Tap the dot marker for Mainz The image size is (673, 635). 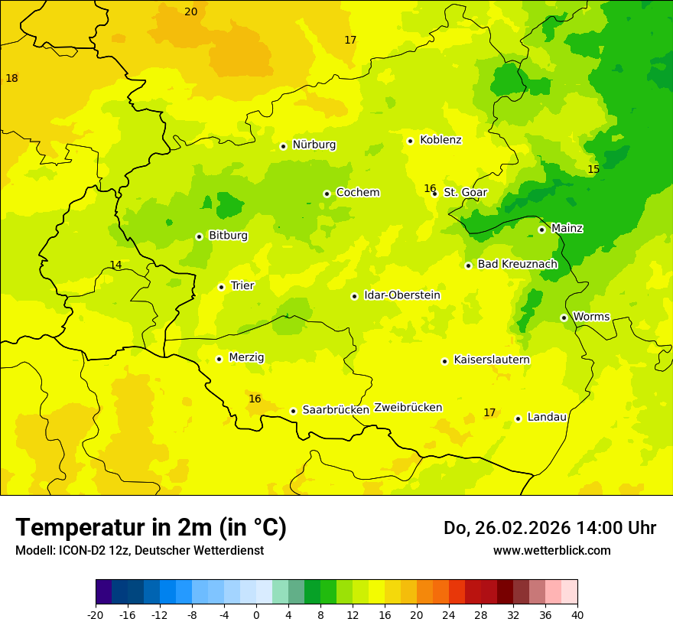point(541,230)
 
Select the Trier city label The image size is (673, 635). point(242,285)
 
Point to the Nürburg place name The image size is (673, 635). point(314,145)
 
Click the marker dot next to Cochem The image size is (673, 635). point(327,194)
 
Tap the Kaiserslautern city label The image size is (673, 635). point(492,360)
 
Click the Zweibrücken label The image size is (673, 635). point(408,408)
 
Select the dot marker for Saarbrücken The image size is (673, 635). point(293,411)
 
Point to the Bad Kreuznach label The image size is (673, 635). point(517,264)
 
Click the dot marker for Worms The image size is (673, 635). point(564,317)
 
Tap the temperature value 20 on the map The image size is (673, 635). point(190,11)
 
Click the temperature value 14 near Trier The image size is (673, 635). point(115,265)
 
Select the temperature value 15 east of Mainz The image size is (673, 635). point(593,169)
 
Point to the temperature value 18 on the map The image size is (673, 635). point(11,78)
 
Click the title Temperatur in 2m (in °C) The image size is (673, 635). point(151,527)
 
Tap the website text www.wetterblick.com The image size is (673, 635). point(551,550)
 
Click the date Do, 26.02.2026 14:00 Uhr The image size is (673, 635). point(549,528)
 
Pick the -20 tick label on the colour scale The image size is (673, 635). point(96,615)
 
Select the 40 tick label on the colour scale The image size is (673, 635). point(577,615)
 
